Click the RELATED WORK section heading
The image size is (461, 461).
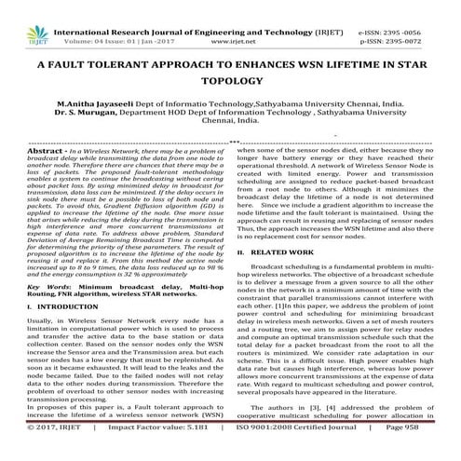click(x=292, y=251)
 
